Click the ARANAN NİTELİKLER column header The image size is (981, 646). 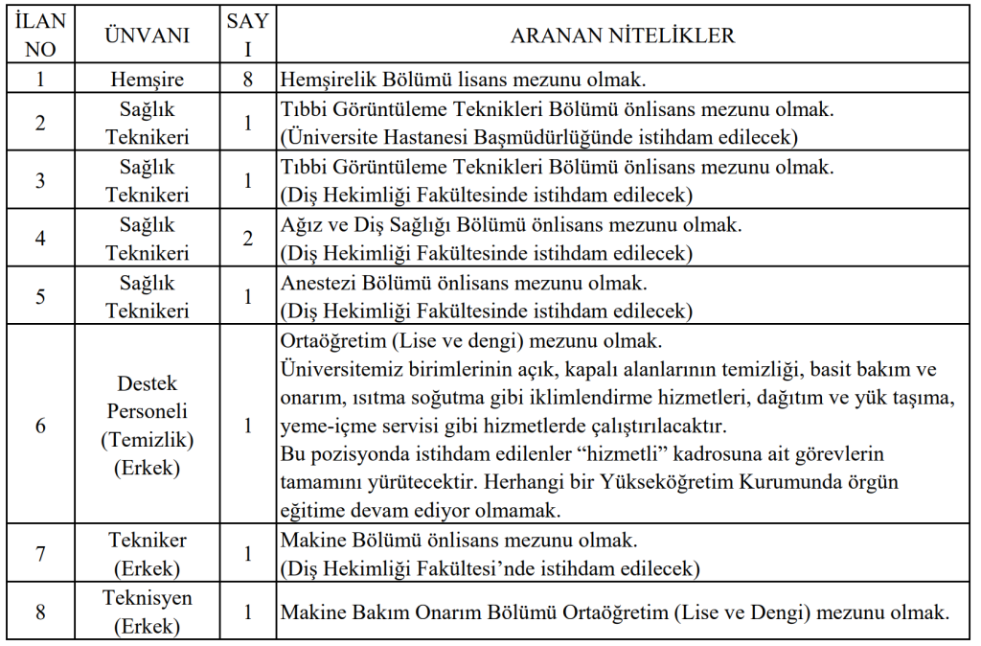[623, 36]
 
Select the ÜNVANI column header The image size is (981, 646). [148, 36]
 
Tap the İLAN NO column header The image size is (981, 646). [40, 36]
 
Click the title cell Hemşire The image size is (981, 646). [148, 79]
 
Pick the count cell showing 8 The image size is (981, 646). [248, 79]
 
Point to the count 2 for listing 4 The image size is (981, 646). [248, 239]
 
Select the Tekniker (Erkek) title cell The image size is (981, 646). [148, 554]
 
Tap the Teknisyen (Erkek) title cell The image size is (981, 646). [148, 611]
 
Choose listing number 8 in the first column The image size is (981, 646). [40, 611]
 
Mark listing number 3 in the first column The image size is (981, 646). [40, 180]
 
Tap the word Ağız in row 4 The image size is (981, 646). [300, 225]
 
